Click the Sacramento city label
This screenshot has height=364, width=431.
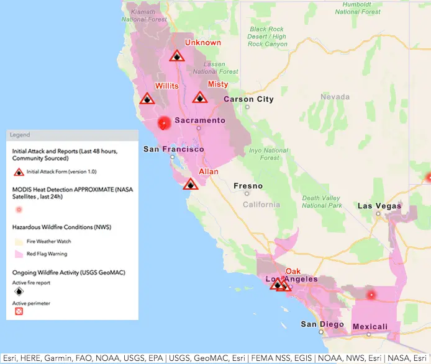(200, 120)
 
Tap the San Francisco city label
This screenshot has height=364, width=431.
(173, 149)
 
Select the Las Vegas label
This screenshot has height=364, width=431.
(379, 206)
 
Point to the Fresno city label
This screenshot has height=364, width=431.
(248, 186)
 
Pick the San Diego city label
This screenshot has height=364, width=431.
(322, 324)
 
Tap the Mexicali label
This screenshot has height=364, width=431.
(370, 327)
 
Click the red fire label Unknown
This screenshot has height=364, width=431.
(203, 43)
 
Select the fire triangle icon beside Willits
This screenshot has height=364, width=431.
(147, 99)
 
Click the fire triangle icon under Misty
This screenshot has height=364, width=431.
(199, 97)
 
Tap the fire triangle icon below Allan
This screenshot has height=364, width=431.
(191, 184)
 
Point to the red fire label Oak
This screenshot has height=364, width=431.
(293, 272)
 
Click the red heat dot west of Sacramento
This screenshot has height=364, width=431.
(164, 123)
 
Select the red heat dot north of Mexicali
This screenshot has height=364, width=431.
(371, 295)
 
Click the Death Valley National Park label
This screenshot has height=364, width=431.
(322, 202)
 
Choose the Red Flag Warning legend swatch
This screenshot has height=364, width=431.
(19, 254)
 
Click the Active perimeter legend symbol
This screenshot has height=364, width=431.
(19, 311)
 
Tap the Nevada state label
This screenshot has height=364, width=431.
(335, 97)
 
